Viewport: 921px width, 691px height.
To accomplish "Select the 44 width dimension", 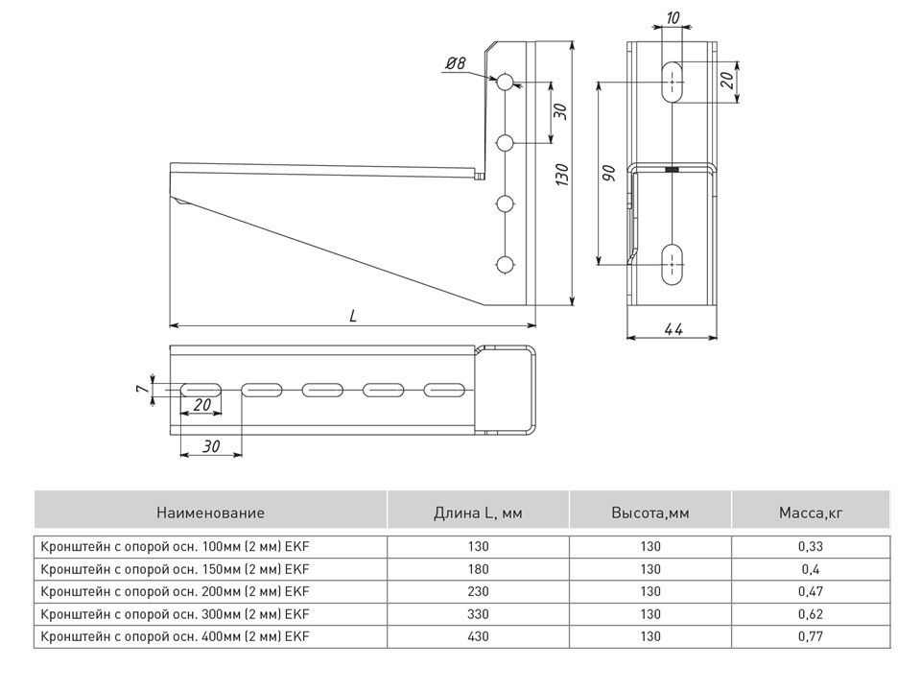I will click(x=673, y=329).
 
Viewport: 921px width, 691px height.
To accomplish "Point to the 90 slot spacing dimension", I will click(x=608, y=173).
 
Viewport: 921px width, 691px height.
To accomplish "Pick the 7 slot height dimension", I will click(x=141, y=389).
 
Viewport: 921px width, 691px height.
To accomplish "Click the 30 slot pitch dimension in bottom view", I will click(x=210, y=445).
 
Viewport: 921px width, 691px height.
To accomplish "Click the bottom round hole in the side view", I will click(x=506, y=264).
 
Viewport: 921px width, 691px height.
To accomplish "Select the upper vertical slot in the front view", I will click(x=673, y=83).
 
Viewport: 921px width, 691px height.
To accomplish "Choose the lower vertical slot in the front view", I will click(x=673, y=262).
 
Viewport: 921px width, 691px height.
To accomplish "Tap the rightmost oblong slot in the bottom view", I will click(x=444, y=390).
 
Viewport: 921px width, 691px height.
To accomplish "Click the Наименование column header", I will click(x=210, y=513).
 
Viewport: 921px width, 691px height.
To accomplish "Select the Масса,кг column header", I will click(x=810, y=513).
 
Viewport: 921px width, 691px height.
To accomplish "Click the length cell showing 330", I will click(x=478, y=613).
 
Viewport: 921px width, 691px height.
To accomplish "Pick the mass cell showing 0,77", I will click(x=810, y=635).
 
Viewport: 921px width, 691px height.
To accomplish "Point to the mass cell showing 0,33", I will click(x=810, y=546).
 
